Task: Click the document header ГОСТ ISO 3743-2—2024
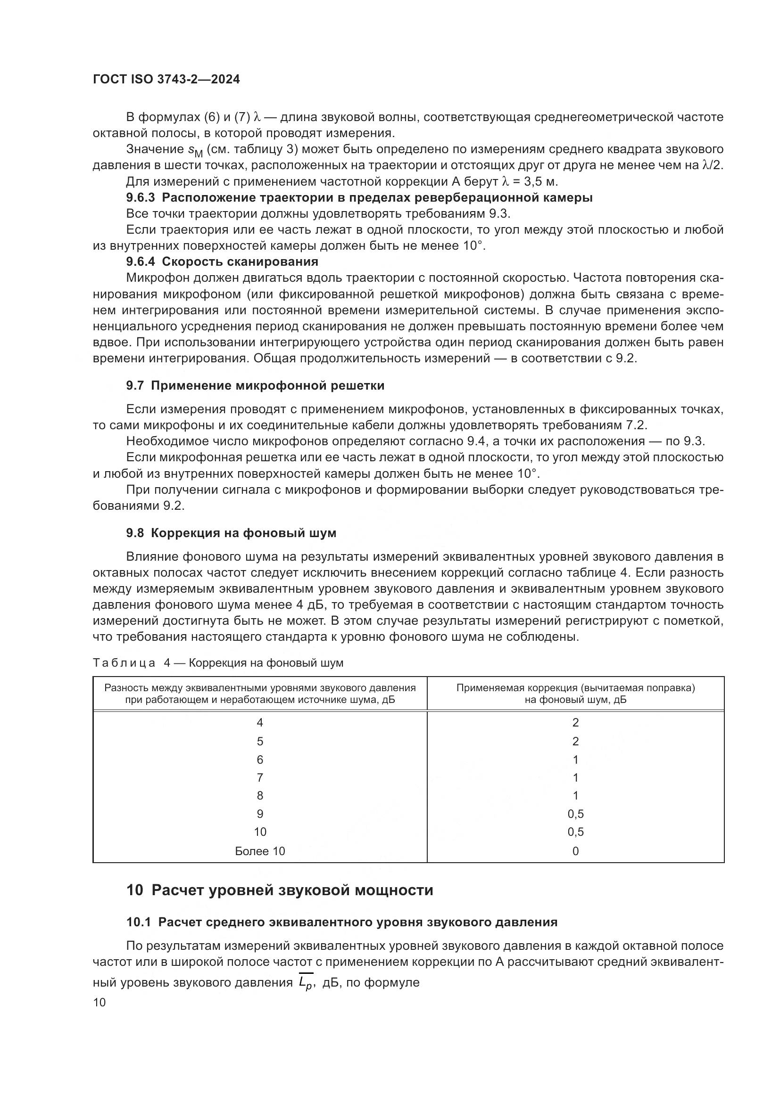(x=166, y=79)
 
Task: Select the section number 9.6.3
(x=140, y=198)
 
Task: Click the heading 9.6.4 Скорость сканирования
(x=222, y=261)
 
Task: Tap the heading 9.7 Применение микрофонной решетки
(x=255, y=385)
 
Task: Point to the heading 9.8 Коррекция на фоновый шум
(x=231, y=533)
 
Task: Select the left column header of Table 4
(x=260, y=693)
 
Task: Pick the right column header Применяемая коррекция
(x=575, y=693)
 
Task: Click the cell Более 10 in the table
(x=260, y=851)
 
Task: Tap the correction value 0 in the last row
(x=575, y=851)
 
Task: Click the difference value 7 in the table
(x=260, y=777)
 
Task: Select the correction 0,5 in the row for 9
(x=575, y=814)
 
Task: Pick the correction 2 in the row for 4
(x=575, y=723)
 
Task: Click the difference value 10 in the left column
(x=260, y=832)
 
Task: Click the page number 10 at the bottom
(x=100, y=1002)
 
